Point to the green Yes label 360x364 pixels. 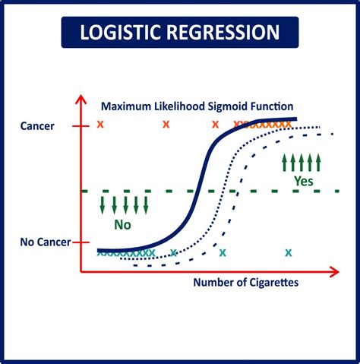pyautogui.click(x=303, y=181)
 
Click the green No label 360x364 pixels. pyautogui.click(x=122, y=224)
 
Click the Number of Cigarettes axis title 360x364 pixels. pyautogui.click(x=245, y=282)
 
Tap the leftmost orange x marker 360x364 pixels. pyautogui.click(x=100, y=124)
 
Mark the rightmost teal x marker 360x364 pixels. pyautogui.click(x=289, y=252)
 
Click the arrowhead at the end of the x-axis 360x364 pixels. pyautogui.click(x=334, y=270)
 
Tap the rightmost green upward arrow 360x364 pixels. pyautogui.click(x=319, y=162)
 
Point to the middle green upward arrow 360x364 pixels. pyautogui.click(x=302, y=162)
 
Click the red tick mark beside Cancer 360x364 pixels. pyautogui.click(x=81, y=125)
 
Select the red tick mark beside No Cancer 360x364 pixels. pyautogui.click(x=81, y=242)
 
